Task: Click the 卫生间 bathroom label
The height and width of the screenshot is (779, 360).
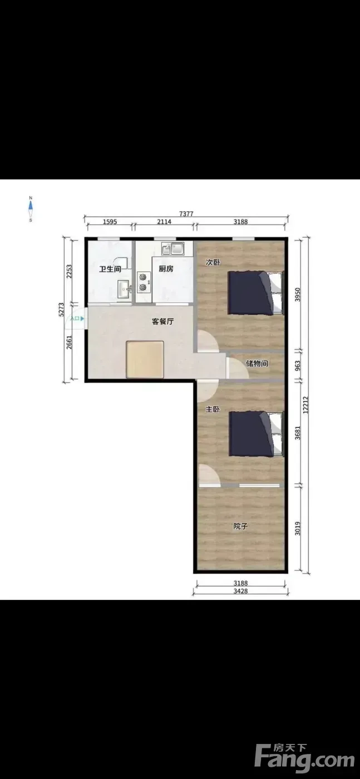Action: pos(110,269)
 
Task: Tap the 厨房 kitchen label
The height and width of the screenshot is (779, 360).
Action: pos(166,268)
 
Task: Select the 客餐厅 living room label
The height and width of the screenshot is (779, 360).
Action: pos(162,322)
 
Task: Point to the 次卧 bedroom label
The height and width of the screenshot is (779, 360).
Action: pos(213,262)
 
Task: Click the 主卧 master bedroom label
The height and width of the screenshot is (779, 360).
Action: pos(213,409)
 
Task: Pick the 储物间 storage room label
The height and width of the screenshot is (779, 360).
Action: pos(257,363)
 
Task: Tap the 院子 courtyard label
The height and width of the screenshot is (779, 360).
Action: pos(240,526)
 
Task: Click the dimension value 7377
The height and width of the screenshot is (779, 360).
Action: pos(186,214)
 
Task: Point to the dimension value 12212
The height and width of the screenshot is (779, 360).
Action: pos(305,405)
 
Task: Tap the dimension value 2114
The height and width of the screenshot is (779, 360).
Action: pos(164,221)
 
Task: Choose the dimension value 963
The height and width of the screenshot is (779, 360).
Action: pos(298,366)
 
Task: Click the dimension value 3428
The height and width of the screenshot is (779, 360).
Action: pos(240,591)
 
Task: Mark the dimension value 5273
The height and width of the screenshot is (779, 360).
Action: pos(61,309)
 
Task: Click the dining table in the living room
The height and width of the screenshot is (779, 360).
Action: pos(145,359)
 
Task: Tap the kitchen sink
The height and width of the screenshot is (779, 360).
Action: pos(173,249)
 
